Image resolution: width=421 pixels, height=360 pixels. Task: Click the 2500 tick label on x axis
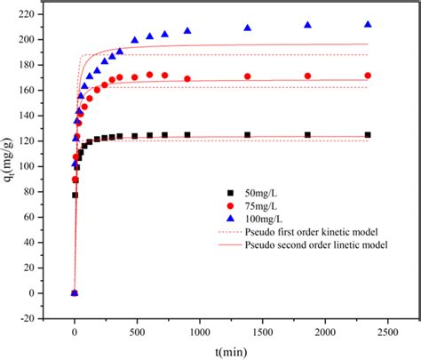386,332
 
